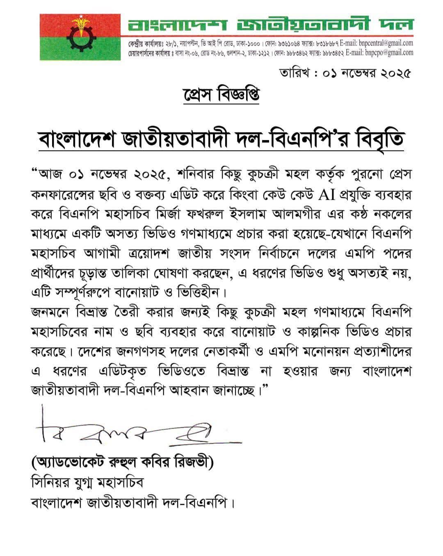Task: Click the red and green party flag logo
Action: (x=80, y=37)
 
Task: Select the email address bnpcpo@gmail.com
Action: (x=385, y=52)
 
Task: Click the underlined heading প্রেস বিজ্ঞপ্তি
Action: (x=221, y=94)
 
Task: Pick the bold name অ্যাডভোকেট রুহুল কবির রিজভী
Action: (x=123, y=464)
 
